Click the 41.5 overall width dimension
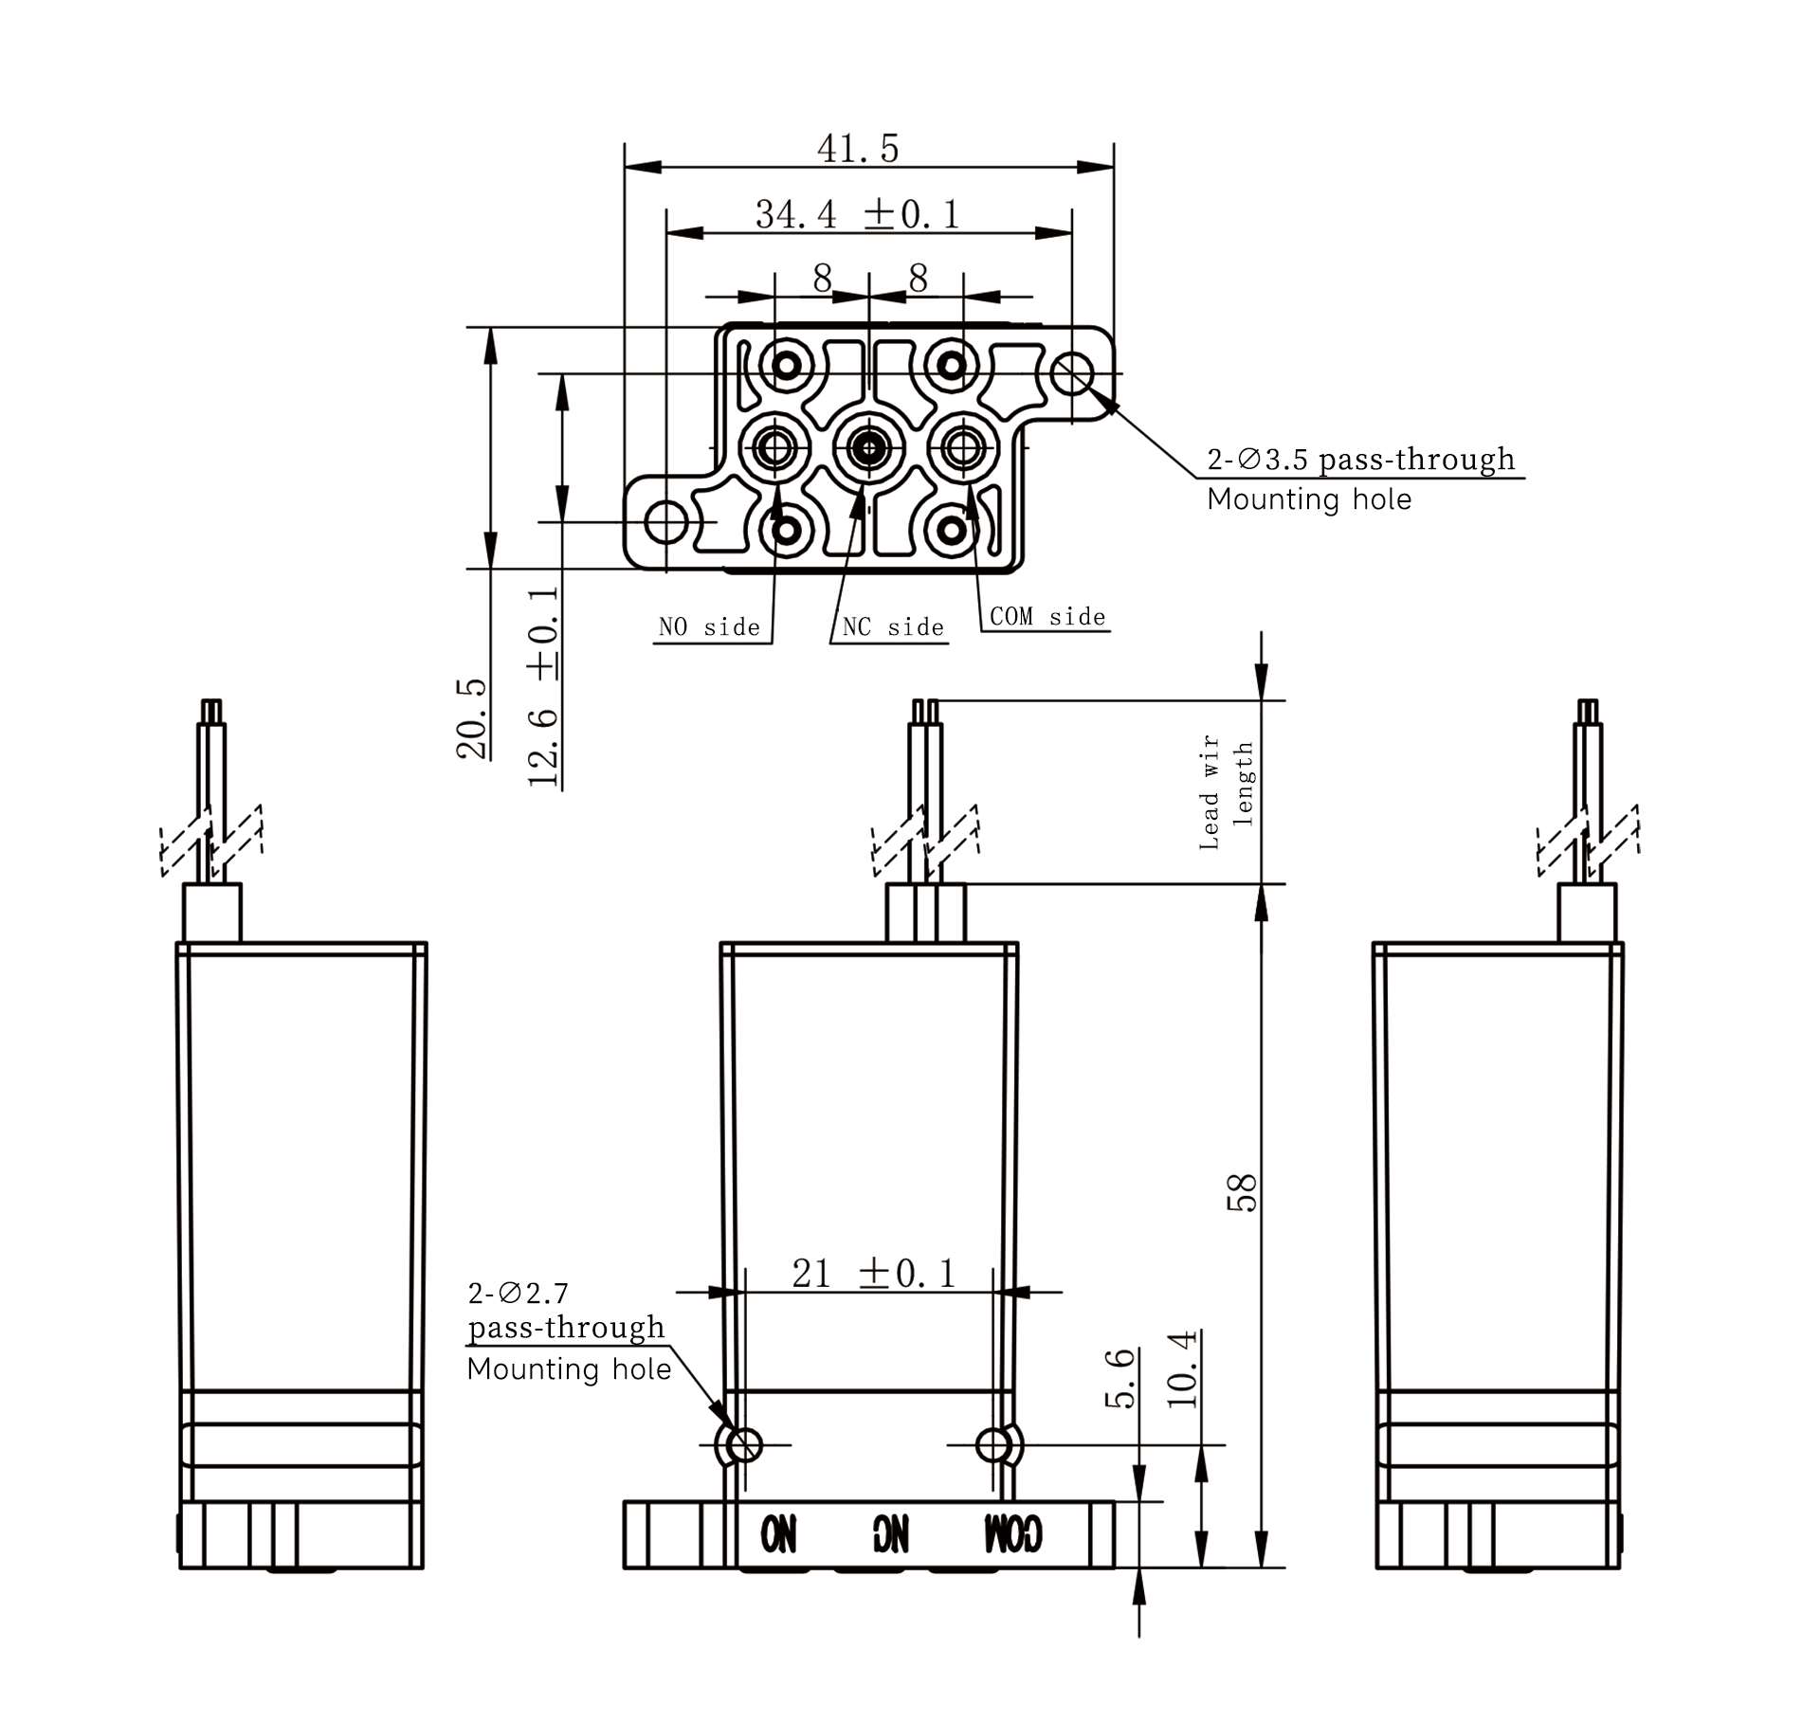click(857, 149)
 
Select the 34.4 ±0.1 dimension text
click(857, 214)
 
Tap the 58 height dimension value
click(1242, 1192)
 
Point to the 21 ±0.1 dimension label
click(874, 1273)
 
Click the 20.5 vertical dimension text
click(472, 719)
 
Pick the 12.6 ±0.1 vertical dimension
click(544, 687)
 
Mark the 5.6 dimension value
click(1120, 1378)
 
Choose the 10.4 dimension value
click(1182, 1369)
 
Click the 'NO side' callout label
click(709, 627)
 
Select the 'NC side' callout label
click(893, 627)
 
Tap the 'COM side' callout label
click(1047, 617)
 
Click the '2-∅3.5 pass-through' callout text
click(1361, 460)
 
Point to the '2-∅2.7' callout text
click(518, 1292)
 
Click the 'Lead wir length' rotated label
click(1226, 792)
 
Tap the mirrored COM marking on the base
click(1013, 1533)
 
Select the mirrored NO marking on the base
click(778, 1533)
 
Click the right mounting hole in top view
click(1072, 373)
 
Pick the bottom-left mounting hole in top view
click(666, 521)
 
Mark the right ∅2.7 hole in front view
click(992, 1445)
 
